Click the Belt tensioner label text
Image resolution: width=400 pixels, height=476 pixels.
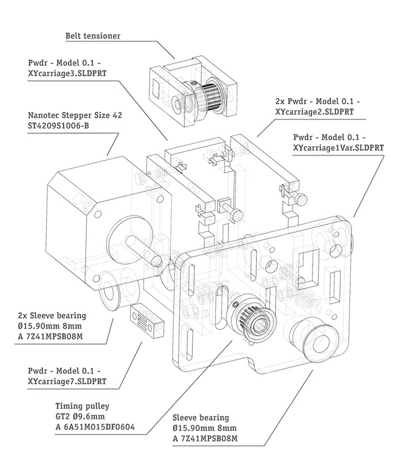93,35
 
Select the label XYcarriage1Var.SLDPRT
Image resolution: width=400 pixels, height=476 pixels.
339,148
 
